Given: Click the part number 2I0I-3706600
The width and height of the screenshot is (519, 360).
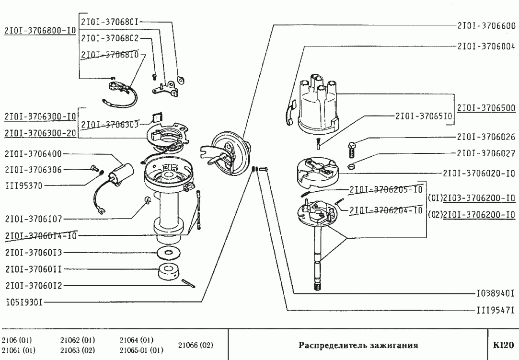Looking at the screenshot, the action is (486, 26).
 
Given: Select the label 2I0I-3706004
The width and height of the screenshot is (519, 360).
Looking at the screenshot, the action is (486, 46).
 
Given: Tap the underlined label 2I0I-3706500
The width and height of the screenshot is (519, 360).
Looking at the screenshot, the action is (486, 108).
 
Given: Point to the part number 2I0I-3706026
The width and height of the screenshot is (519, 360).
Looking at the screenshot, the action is (486, 137).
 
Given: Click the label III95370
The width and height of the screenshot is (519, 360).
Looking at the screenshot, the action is (24, 186).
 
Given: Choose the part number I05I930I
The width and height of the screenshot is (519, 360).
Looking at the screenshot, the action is (24, 302).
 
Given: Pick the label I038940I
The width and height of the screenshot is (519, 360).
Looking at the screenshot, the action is (496, 293).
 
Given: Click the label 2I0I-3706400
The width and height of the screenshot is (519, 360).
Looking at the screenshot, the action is (34, 154).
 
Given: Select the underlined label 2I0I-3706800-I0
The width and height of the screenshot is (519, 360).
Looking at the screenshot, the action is (40, 31).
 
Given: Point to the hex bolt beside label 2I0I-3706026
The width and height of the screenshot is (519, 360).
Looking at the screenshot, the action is (352, 150).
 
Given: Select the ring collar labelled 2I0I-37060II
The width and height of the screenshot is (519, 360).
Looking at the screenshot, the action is (169, 272).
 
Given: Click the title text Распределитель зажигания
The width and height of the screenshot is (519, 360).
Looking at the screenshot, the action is (358, 345).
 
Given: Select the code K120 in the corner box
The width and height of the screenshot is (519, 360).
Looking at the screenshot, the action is (503, 345).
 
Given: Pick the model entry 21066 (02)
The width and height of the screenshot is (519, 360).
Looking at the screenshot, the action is (196, 345).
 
